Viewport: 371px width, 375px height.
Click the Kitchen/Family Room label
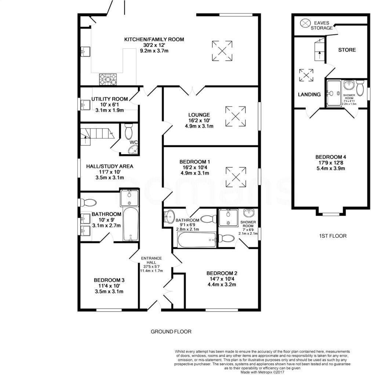pos(154,40)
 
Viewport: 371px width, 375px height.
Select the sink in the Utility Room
pos(85,105)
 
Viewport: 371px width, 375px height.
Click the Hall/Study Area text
pos(110,166)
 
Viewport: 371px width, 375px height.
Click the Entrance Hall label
pos(152,260)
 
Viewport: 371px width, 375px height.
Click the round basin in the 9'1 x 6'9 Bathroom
pos(170,217)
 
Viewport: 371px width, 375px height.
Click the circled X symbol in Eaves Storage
pos(305,23)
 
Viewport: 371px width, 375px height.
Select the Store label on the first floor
pos(347,50)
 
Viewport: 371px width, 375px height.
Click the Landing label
pos(309,94)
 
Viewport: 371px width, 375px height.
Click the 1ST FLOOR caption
pos(332,236)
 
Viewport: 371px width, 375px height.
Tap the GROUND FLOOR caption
pos(171,332)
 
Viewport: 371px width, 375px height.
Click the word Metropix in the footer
pos(264,372)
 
